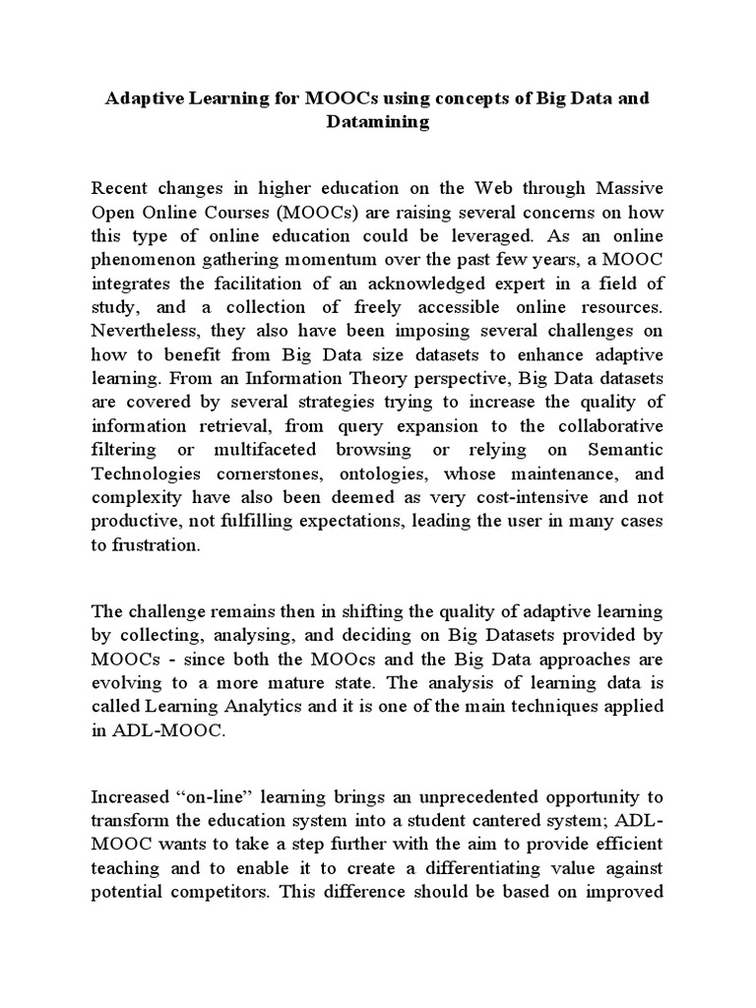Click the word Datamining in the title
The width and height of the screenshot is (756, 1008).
click(378, 122)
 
